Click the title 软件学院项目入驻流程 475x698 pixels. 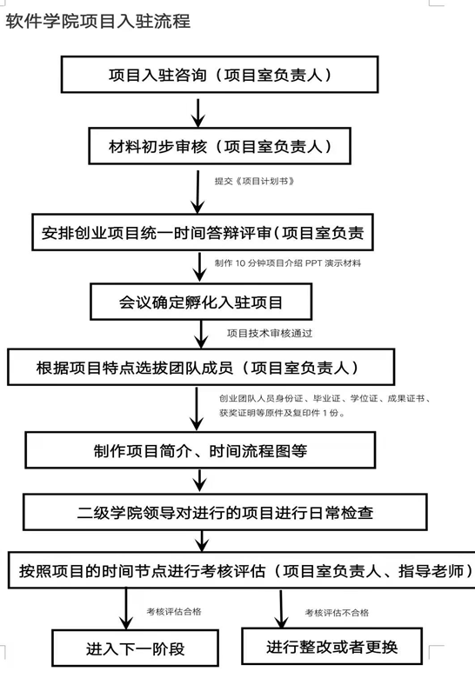tap(98, 22)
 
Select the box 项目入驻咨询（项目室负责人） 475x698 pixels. tap(220, 75)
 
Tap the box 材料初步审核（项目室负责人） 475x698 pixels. tap(220, 146)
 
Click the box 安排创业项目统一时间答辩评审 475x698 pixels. tap(203, 232)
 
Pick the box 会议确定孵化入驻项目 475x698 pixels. tap(201, 302)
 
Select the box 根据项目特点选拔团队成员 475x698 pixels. tap(201, 367)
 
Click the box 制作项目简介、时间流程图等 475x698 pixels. tap(200, 450)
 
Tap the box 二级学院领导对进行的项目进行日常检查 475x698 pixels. tap(225, 512)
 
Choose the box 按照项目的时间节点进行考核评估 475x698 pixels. tap(242, 570)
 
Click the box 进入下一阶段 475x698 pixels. tap(135, 648)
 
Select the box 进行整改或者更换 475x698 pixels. tap(332, 646)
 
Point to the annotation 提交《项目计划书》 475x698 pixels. tap(254, 181)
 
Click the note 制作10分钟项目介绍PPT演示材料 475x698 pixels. tap(288, 263)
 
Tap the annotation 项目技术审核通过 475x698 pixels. tap(270, 333)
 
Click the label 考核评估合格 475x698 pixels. tap(174, 612)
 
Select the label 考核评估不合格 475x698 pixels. tap(337, 613)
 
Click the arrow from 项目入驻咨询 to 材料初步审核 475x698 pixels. tap(197, 113)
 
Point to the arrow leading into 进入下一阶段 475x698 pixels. tap(126, 608)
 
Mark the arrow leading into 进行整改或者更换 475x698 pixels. tap(281, 608)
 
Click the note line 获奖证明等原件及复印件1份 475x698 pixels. tap(283, 413)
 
